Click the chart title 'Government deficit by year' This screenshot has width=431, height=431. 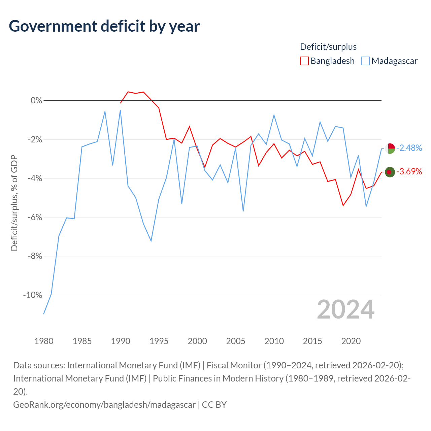pos(104,26)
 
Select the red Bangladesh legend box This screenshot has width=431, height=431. pos(304,61)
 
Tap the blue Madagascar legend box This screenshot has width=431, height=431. pos(365,61)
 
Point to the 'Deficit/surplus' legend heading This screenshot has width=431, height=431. pos(328,47)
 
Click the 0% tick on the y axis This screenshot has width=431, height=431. pos(36,100)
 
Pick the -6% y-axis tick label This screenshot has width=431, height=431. pos(35,217)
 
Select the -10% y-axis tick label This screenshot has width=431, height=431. pos(33,295)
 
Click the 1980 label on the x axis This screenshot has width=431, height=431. pos(44,341)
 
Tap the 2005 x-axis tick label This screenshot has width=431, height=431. pos(235,341)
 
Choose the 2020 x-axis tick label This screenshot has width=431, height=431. pos(351,341)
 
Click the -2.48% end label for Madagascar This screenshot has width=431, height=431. pos(409,148)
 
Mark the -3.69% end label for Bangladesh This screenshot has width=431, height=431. pos(409,171)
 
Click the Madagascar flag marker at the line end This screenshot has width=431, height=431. pos(390,148)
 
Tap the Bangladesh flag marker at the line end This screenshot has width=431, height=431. pos(390,172)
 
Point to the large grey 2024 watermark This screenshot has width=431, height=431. pos(345,309)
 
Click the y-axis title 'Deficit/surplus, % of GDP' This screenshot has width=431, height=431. pos(14,203)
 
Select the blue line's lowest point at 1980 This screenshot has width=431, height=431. pos(44,314)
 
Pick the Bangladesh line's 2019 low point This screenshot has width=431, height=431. pos(343,205)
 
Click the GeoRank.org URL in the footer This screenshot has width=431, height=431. pos(104,405)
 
